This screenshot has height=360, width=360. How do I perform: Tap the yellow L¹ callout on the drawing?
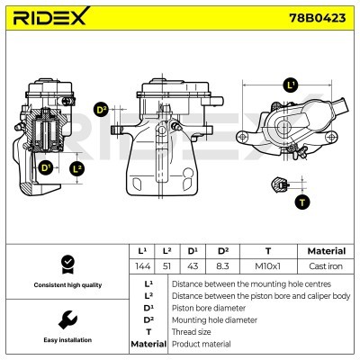pos(289,85)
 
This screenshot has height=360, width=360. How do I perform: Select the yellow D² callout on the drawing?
pos(101,109)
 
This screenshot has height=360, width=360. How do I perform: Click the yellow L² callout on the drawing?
pos(77,168)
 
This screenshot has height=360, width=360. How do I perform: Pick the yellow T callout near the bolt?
pos(301,201)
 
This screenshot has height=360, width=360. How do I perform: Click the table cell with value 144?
pos(140,267)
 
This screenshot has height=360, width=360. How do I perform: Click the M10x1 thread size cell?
pos(268,267)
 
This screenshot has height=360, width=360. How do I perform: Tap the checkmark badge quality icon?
pos(66,264)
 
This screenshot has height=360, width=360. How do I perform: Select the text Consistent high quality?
pos(66,285)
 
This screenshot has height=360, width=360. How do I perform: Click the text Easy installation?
pos(66,340)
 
